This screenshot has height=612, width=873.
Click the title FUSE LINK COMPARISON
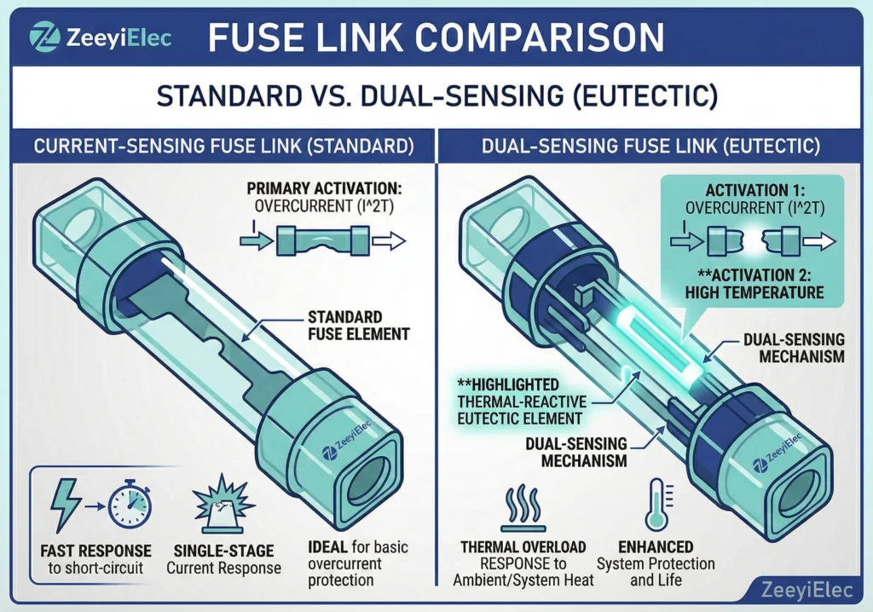coord(436,38)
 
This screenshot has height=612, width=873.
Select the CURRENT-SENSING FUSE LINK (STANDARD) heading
coord(223,146)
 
